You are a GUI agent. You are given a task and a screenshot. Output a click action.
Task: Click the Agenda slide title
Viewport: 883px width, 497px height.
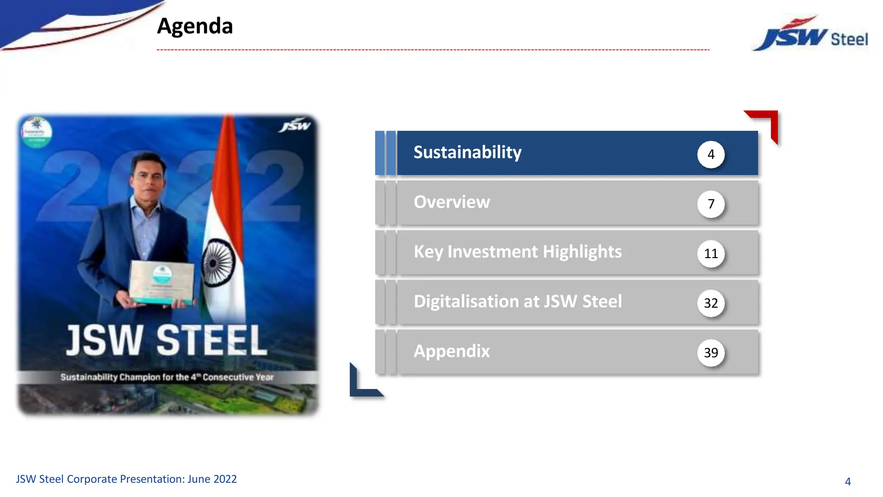click(195, 26)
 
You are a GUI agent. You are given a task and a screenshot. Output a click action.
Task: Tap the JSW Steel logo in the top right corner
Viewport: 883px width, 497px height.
click(811, 35)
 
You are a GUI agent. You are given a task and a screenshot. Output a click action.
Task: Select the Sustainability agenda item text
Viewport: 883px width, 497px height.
click(467, 152)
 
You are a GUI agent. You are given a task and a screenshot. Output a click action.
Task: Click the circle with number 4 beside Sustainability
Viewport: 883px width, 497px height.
click(711, 154)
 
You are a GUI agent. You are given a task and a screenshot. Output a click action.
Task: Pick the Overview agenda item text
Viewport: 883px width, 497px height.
click(451, 202)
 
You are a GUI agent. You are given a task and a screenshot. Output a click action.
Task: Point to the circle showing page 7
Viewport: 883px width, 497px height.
click(711, 204)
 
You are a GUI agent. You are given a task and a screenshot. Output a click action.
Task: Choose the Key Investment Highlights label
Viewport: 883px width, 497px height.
click(517, 252)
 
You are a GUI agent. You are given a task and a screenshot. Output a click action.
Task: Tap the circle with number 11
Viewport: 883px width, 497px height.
click(711, 253)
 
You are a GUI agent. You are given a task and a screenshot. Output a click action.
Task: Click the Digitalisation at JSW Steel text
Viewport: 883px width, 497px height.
click(517, 301)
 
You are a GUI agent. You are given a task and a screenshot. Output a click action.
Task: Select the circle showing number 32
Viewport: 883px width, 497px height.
click(711, 303)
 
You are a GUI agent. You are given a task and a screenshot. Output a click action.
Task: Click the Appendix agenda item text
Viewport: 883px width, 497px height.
click(451, 351)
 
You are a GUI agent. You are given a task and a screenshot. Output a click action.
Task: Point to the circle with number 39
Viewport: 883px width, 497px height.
click(711, 352)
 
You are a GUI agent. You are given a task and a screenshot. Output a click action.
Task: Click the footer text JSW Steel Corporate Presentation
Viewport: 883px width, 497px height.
click(126, 479)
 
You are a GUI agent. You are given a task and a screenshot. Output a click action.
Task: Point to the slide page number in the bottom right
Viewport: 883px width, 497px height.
click(848, 481)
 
